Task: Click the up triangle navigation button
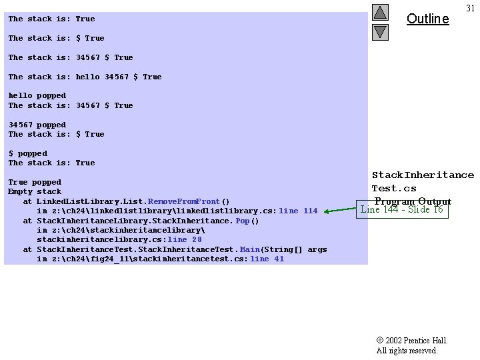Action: click(x=380, y=12)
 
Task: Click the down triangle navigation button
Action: click(x=380, y=31)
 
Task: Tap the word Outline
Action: click(x=427, y=19)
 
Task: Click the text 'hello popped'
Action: click(x=37, y=96)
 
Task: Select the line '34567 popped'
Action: click(x=37, y=125)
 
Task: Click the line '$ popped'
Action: click(x=27, y=153)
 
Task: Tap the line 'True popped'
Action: click(x=34, y=182)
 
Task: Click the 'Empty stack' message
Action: click(x=34, y=192)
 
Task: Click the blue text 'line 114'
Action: click(x=298, y=211)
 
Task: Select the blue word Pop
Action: click(x=243, y=221)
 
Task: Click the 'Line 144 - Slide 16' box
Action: click(x=401, y=209)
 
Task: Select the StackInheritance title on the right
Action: click(x=423, y=175)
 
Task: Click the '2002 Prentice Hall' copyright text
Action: click(x=412, y=341)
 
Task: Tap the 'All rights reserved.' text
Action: click(x=407, y=351)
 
